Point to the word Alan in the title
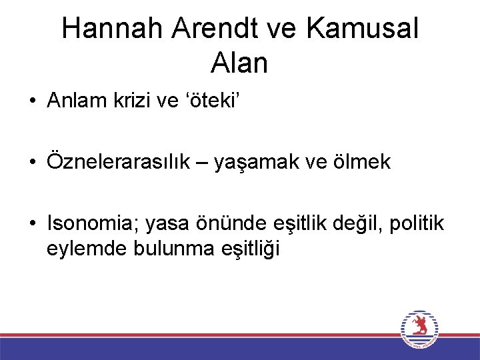(239, 63)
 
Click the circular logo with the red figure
(420, 329)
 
